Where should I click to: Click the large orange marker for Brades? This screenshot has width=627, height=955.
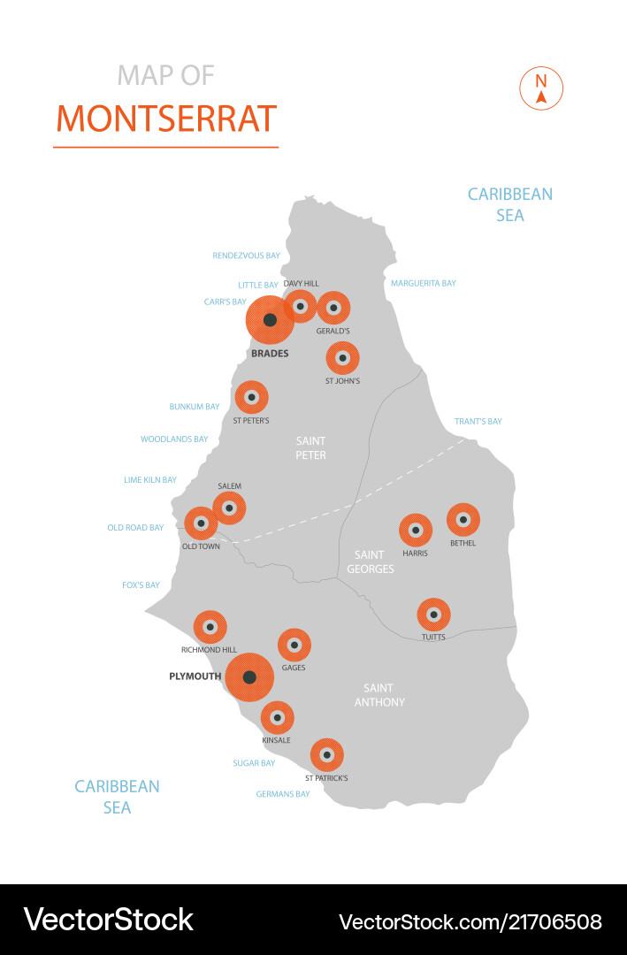coord(270,320)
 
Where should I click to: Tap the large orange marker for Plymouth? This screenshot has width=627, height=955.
coord(249,677)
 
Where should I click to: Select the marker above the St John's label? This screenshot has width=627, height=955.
coord(342,358)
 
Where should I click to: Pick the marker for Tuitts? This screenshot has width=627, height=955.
coord(433,615)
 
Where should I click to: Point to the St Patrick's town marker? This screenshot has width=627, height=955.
coord(326,755)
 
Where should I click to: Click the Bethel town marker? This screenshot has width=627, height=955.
coord(463,520)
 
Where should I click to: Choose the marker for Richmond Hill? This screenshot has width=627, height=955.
coord(210,627)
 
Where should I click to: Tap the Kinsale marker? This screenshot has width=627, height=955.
coord(277,717)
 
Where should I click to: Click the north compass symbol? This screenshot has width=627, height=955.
coord(540,88)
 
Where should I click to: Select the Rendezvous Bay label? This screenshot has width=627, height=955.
coord(246,256)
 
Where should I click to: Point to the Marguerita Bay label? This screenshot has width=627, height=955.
coord(424,284)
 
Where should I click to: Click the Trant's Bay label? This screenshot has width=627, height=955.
coord(478,422)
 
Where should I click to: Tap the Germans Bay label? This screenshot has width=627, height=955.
coord(283,794)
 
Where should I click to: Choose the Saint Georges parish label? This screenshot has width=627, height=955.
coord(370,562)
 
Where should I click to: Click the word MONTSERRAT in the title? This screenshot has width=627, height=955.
coord(166,118)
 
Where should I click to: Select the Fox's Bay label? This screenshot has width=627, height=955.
coord(141,585)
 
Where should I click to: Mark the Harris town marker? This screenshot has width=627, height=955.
coord(415,531)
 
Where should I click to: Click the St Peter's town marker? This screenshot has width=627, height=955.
coord(251,397)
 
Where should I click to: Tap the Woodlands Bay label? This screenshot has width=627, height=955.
coord(174,439)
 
